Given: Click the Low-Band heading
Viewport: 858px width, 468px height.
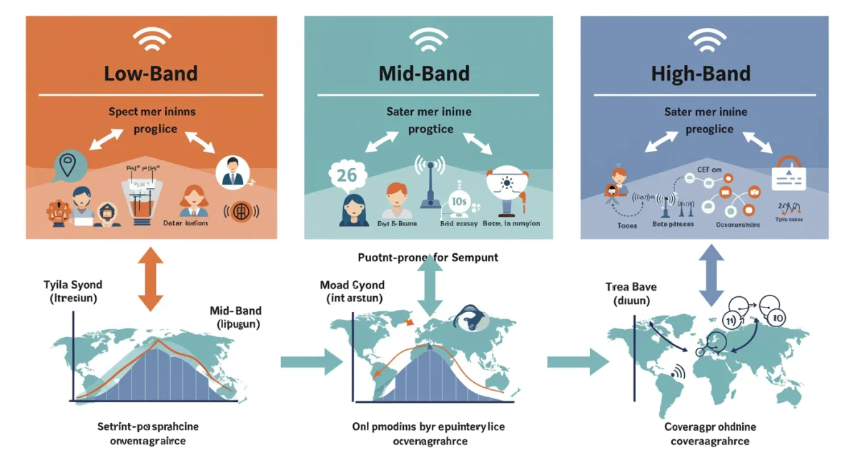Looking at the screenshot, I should (x=150, y=73).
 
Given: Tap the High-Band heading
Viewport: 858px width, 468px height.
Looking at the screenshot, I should (x=701, y=73).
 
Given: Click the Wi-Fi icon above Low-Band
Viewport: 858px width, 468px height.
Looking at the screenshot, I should (x=150, y=41).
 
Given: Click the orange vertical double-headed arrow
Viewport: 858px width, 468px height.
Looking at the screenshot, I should (x=150, y=278).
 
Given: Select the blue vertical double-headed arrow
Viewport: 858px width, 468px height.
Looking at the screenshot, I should (x=711, y=276).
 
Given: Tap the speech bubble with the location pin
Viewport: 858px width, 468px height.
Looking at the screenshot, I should (x=69, y=166).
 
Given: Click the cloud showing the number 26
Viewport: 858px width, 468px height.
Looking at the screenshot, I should (x=347, y=175).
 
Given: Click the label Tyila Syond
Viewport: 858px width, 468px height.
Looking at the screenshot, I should (x=71, y=285).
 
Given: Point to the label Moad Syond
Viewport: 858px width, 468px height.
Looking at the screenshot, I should (x=352, y=285).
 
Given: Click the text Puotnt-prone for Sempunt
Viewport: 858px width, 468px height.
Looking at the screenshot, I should (x=428, y=256).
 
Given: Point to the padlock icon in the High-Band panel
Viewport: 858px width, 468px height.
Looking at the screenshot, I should (x=787, y=172).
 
